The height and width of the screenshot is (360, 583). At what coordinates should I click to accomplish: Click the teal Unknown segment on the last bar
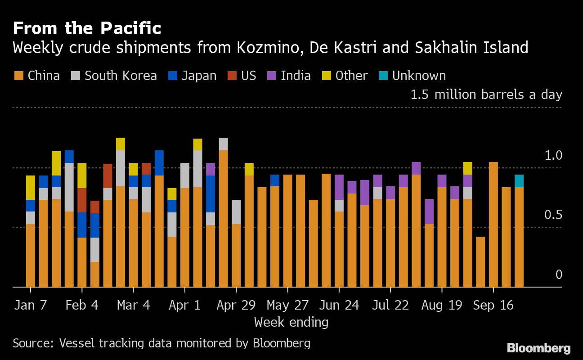pos(519,181)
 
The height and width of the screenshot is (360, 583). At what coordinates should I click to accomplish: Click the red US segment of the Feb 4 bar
pos(82,200)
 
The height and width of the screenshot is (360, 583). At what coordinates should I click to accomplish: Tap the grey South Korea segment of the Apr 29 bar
pos(236,212)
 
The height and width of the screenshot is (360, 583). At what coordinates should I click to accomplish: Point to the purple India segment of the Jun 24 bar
pos(339,187)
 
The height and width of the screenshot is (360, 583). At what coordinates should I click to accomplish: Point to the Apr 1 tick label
pos(185,305)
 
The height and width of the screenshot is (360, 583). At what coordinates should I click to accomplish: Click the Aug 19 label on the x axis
pos(442,305)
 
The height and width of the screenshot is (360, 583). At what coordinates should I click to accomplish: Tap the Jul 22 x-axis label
pos(390,305)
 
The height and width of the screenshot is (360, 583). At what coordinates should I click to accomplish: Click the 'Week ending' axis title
pos(291,322)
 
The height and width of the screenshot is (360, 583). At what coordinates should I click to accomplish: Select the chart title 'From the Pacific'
pos(87,29)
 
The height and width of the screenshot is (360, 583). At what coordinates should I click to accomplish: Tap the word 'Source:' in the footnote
pos(33,343)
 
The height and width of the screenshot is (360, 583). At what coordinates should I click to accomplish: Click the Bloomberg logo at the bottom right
pos(538,348)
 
